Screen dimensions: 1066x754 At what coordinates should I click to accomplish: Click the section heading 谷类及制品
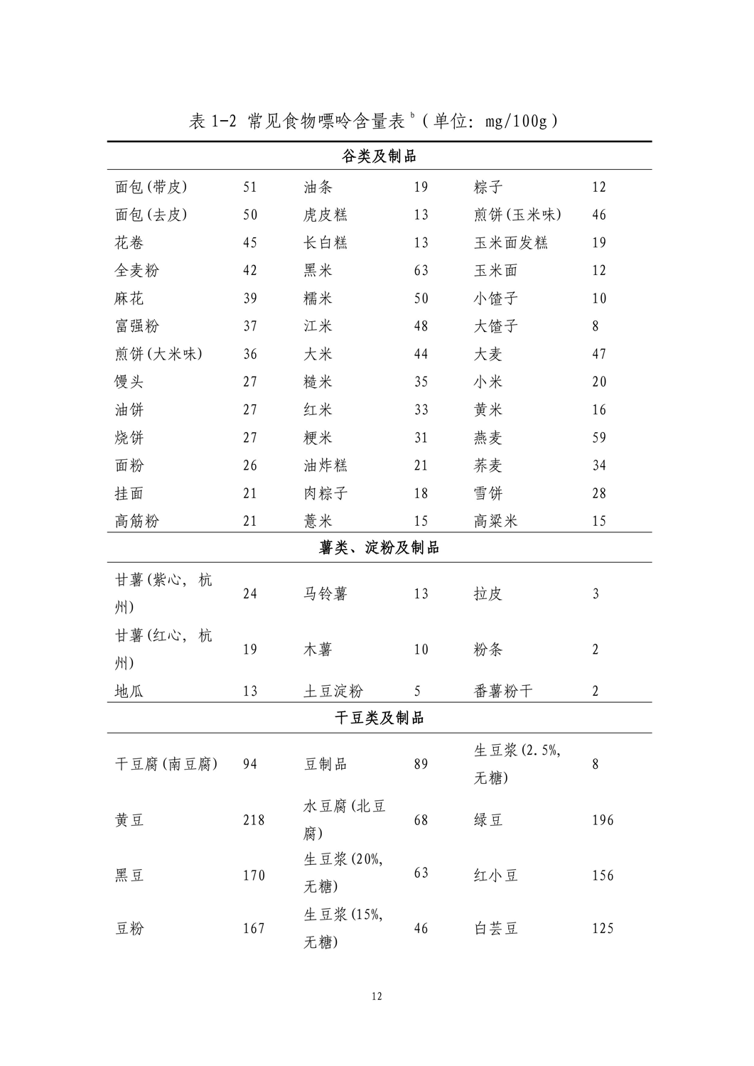click(x=379, y=156)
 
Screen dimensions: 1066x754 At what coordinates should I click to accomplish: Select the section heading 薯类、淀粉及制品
click(x=379, y=548)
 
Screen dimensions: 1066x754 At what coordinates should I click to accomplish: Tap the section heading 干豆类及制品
click(x=379, y=718)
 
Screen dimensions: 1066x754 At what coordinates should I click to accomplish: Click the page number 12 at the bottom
click(x=377, y=996)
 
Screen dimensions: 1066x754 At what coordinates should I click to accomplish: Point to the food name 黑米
click(x=318, y=271)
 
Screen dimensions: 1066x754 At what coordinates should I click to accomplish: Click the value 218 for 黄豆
click(x=254, y=820)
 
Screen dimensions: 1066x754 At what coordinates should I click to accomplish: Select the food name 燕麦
click(x=488, y=438)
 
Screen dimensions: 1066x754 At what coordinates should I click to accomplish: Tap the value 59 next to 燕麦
click(x=599, y=438)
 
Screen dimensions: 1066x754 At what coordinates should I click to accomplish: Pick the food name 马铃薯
click(x=325, y=593)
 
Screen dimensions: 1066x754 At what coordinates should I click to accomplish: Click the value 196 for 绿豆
click(x=603, y=820)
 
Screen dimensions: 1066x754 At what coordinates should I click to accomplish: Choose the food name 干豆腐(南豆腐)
click(x=166, y=764)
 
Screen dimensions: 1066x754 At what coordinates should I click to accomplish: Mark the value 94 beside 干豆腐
click(x=250, y=764)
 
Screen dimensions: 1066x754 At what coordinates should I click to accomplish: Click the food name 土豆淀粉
click(x=333, y=691)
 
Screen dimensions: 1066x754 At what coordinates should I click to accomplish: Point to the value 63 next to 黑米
click(x=421, y=271)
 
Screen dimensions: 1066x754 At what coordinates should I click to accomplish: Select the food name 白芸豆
click(x=496, y=928)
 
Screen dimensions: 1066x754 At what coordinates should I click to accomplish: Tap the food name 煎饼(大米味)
click(x=158, y=354)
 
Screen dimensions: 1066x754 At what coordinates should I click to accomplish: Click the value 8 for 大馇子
click(x=596, y=326)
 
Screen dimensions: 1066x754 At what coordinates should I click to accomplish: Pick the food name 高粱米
click(x=496, y=521)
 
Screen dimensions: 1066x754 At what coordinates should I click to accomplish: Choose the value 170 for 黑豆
click(x=254, y=876)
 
